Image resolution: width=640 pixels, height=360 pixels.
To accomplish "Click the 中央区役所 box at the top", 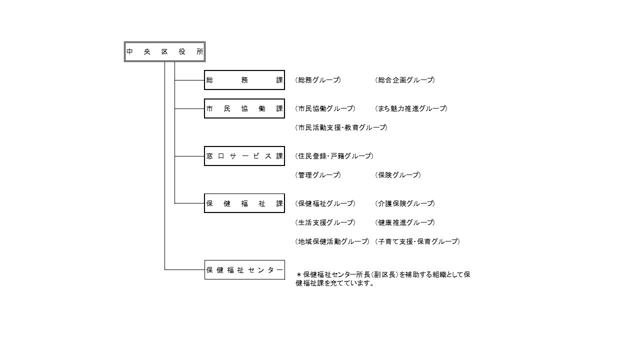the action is (x=164, y=51).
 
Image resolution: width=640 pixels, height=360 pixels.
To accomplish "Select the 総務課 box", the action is (x=244, y=80).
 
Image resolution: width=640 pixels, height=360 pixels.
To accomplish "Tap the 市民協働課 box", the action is (x=244, y=108).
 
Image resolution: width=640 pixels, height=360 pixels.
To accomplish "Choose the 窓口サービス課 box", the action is (x=244, y=156).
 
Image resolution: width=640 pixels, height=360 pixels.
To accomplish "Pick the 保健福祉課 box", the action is (x=244, y=203).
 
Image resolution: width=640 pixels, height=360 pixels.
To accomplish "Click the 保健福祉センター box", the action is (x=244, y=269).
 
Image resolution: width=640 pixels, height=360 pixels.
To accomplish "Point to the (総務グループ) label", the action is (x=318, y=80).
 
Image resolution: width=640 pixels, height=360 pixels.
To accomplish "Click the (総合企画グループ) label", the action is (x=405, y=80).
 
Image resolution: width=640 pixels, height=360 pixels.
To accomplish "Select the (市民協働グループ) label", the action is (x=325, y=108).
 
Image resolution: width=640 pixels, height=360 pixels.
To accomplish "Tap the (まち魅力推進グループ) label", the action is (x=411, y=108).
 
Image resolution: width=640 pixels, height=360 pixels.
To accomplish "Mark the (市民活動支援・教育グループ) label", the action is (x=341, y=127).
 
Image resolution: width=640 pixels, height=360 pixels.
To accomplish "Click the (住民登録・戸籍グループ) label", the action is (x=334, y=156).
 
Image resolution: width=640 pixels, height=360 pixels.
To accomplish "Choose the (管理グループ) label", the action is (x=318, y=175).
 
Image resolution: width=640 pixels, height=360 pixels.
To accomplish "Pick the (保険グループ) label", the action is (x=398, y=175).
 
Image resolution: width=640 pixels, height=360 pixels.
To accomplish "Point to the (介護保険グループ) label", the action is (x=405, y=203).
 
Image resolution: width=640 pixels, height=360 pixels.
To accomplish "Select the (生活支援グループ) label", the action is (x=325, y=222).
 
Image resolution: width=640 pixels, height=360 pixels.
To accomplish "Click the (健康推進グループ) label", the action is (x=405, y=222).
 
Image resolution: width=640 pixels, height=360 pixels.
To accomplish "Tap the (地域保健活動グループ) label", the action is (x=332, y=241).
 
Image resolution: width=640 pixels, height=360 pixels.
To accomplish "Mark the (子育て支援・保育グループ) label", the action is (x=417, y=241).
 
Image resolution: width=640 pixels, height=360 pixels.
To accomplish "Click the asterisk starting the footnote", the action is (x=299, y=275).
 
